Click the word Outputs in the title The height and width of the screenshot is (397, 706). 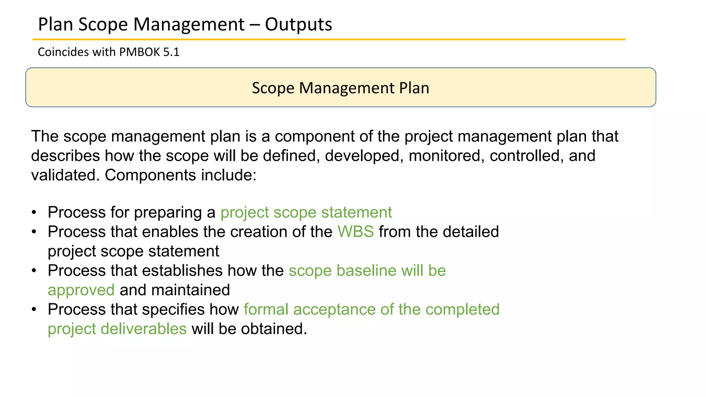coord(298,25)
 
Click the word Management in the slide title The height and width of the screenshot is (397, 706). coord(189,25)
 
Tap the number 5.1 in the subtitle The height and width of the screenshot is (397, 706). coord(171,52)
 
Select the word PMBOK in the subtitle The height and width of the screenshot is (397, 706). coord(140,52)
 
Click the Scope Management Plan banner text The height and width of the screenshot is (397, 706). coord(341,88)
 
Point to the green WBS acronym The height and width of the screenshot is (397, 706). coord(355,232)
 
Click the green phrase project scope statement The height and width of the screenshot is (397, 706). coord(306,212)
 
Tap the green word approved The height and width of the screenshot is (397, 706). coord(81,290)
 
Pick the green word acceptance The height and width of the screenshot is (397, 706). coord(334,309)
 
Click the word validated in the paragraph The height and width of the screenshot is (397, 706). coord(65,175)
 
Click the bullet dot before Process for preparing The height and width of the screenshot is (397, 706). coord(34,213)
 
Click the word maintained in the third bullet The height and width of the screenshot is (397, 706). coord(190,290)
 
